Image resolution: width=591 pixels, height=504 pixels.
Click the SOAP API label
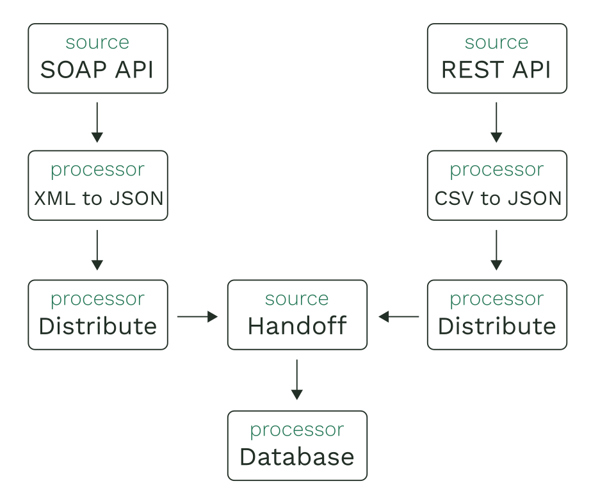(97, 70)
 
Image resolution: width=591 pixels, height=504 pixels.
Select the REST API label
(496, 70)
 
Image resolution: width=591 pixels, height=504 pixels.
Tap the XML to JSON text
(98, 198)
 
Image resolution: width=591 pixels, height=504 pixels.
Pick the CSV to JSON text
(498, 198)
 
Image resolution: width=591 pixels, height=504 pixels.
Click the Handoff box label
(297, 326)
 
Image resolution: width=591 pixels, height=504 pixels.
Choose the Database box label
(297, 457)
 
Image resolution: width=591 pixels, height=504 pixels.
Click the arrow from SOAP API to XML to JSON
(97, 122)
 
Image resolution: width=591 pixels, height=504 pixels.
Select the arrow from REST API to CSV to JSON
(496, 122)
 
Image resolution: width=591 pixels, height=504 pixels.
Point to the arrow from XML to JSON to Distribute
(97, 250)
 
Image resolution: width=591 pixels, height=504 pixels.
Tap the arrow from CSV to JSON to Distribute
(496, 250)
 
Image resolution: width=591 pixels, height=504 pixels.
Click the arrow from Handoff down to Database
(297, 380)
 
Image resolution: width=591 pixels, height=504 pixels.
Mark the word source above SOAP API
(97, 43)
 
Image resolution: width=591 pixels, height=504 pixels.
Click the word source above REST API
(496, 43)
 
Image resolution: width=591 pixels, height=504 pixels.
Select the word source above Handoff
(297, 299)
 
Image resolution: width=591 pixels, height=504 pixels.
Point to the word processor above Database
(297, 430)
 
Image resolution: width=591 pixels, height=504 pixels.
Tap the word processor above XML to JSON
(97, 170)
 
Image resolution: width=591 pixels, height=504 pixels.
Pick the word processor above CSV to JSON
(496, 170)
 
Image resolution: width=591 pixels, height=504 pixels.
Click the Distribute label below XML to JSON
(97, 326)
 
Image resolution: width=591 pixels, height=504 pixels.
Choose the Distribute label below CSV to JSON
(497, 326)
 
